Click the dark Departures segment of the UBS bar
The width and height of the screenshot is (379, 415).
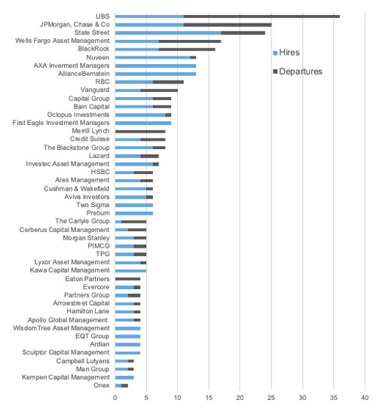click(x=261, y=17)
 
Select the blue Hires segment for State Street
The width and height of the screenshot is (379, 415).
click(x=168, y=33)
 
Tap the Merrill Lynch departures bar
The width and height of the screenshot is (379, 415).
click(x=140, y=132)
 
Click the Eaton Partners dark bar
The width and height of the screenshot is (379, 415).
click(x=127, y=279)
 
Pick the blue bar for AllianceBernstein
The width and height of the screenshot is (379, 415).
click(x=155, y=74)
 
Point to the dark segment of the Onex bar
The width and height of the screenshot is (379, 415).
click(x=124, y=386)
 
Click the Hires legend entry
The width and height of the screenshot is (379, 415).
click(x=286, y=53)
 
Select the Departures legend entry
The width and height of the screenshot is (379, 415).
click(x=298, y=72)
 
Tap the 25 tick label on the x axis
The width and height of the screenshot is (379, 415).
click(x=271, y=398)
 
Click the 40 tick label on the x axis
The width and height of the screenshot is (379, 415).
click(x=365, y=398)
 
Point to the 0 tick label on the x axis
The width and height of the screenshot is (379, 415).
click(x=115, y=398)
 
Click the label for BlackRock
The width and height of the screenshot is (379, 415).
click(x=93, y=49)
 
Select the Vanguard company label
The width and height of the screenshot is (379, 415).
click(x=95, y=90)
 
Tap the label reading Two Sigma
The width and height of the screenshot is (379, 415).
click(x=93, y=205)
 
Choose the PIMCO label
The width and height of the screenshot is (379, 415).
click(x=99, y=246)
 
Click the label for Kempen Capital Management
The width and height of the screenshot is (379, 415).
click(x=66, y=377)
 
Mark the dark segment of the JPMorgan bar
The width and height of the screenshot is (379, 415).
click(x=228, y=25)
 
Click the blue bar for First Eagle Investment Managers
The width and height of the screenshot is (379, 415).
click(x=143, y=123)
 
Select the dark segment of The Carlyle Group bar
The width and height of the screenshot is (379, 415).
click(x=134, y=221)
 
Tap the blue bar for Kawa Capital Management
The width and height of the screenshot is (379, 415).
click(x=130, y=270)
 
